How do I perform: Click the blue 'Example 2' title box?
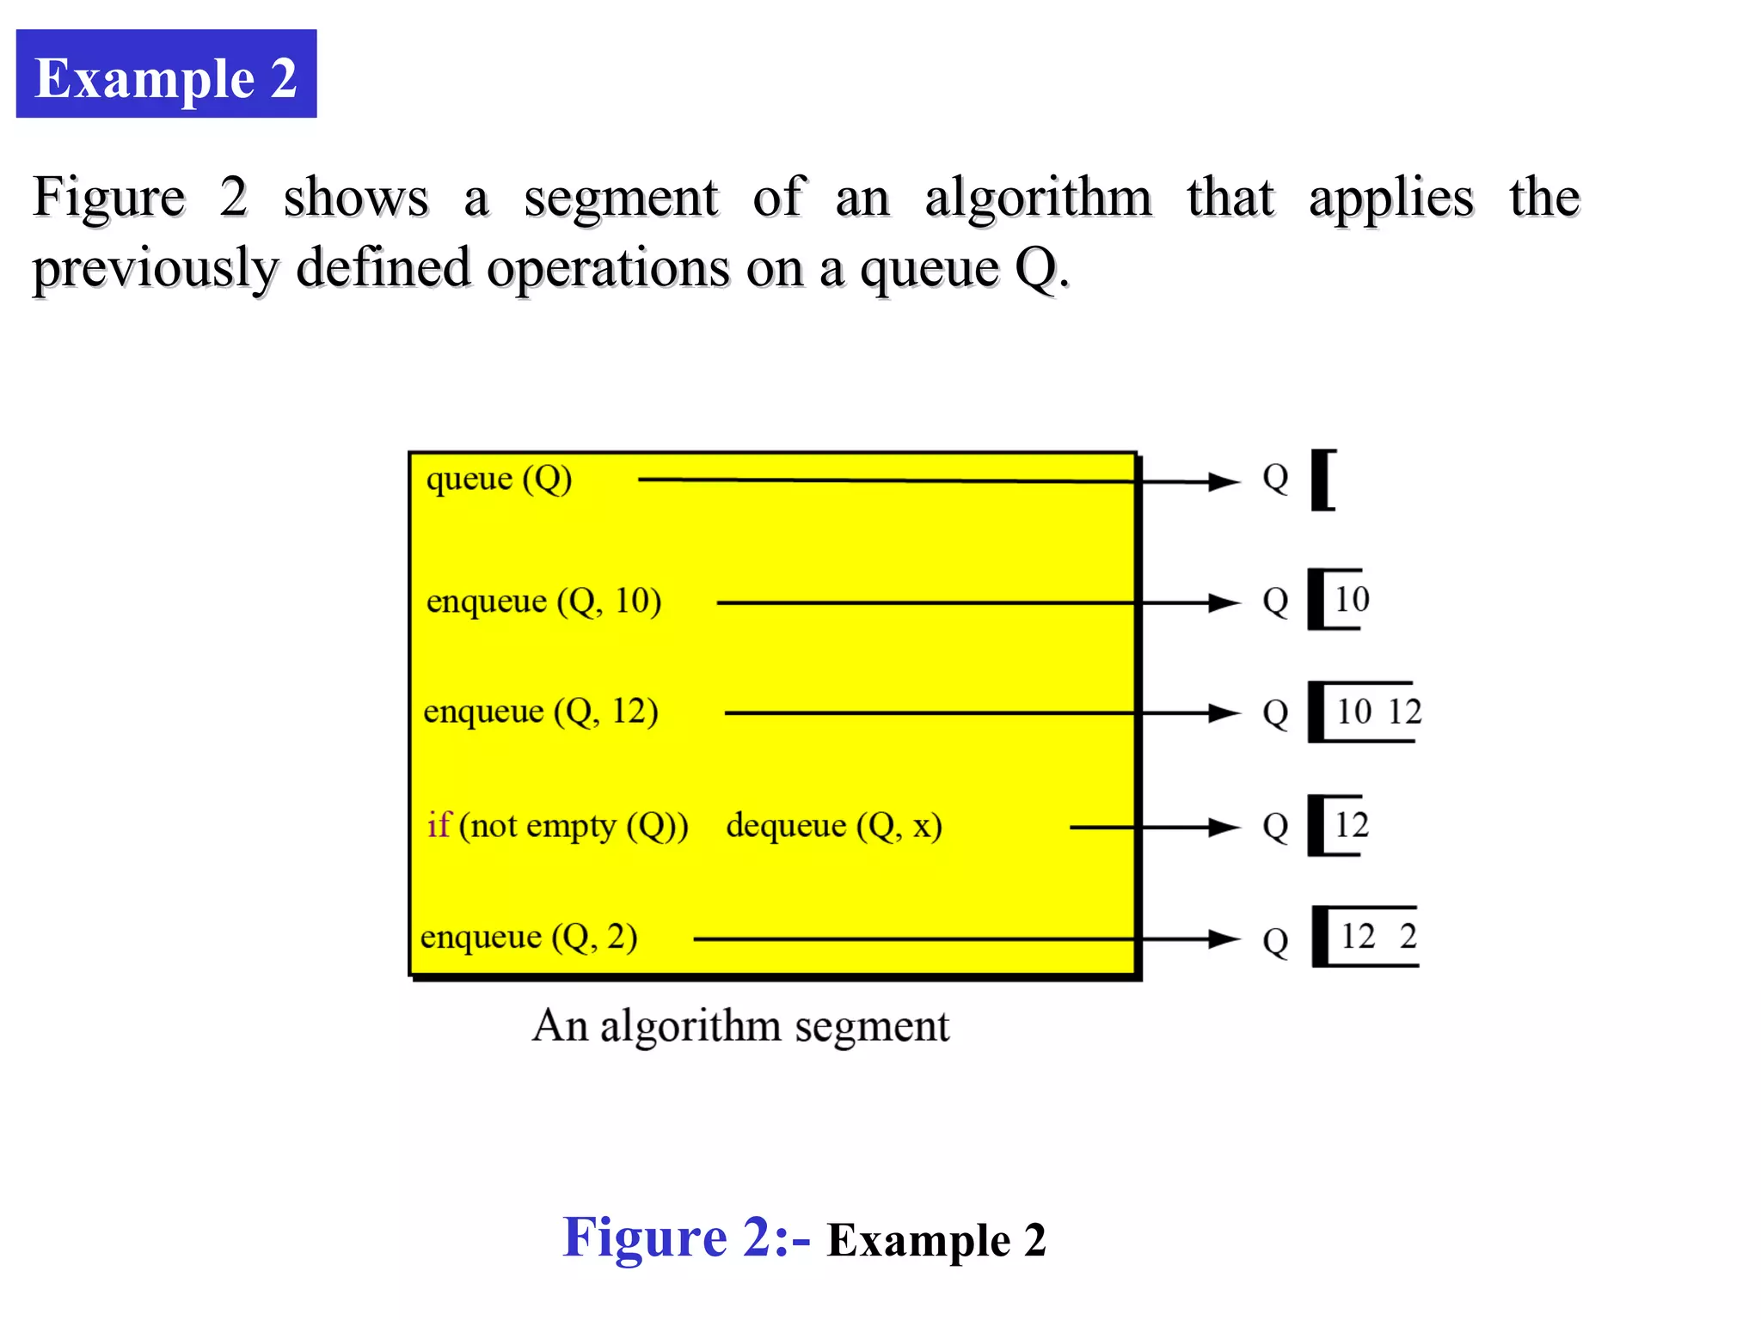tap(166, 75)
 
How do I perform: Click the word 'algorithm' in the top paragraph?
tap(1038, 198)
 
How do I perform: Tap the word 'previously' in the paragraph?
tap(155, 268)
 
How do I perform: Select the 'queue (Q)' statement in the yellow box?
tap(499, 479)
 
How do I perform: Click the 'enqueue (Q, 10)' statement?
tap(543, 601)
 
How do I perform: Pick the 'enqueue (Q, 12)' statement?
tap(541, 712)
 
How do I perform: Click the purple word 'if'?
tap(439, 825)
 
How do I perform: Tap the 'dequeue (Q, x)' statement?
tap(834, 826)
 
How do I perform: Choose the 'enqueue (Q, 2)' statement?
tap(529, 937)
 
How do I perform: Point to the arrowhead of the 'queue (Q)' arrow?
tap(1224, 482)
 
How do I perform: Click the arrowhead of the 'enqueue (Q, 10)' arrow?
tap(1224, 603)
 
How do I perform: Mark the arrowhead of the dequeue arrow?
tap(1224, 828)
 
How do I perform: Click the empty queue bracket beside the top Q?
tap(1323, 480)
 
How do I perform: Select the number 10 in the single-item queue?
tap(1352, 599)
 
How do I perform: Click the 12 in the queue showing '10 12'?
tap(1404, 712)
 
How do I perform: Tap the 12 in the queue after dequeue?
tap(1351, 825)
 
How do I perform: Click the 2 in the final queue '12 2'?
tap(1408, 936)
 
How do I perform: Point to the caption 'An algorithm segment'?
tap(740, 1026)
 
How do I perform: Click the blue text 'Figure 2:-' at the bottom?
tap(685, 1238)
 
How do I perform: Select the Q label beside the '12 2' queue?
tap(1275, 941)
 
